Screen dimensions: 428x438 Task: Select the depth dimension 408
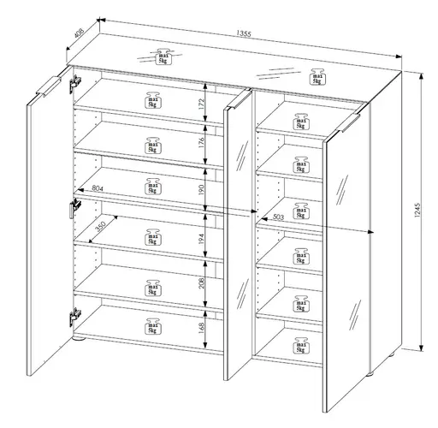tap(80, 35)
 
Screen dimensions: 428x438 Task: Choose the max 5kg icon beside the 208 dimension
tap(153, 288)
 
